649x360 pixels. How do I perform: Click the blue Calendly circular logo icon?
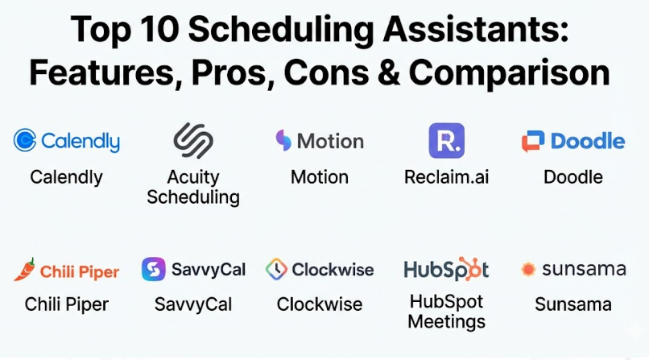tap(25, 140)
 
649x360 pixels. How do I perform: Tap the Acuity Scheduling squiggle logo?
tap(193, 140)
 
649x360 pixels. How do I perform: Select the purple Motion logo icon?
tap(283, 140)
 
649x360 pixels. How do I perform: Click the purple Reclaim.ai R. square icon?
tap(447, 140)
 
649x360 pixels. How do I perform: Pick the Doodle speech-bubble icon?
tap(533, 141)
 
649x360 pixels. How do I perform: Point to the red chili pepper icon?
tap(24, 269)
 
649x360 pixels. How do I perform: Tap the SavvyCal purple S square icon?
tap(154, 269)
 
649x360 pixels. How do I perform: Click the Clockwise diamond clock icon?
tap(276, 269)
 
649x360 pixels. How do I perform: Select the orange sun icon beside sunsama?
tap(528, 269)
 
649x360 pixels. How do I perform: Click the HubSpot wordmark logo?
tap(446, 269)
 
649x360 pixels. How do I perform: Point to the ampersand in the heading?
tap(388, 72)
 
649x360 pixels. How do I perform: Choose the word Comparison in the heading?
tap(510, 74)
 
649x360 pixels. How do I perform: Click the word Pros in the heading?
tap(233, 73)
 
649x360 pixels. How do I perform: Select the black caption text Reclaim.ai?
tap(447, 177)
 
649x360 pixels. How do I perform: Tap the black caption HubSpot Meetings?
tap(447, 312)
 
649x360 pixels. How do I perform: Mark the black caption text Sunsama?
tap(573, 304)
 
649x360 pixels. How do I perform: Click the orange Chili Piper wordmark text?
tap(80, 272)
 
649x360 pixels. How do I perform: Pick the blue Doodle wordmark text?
tap(588, 141)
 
